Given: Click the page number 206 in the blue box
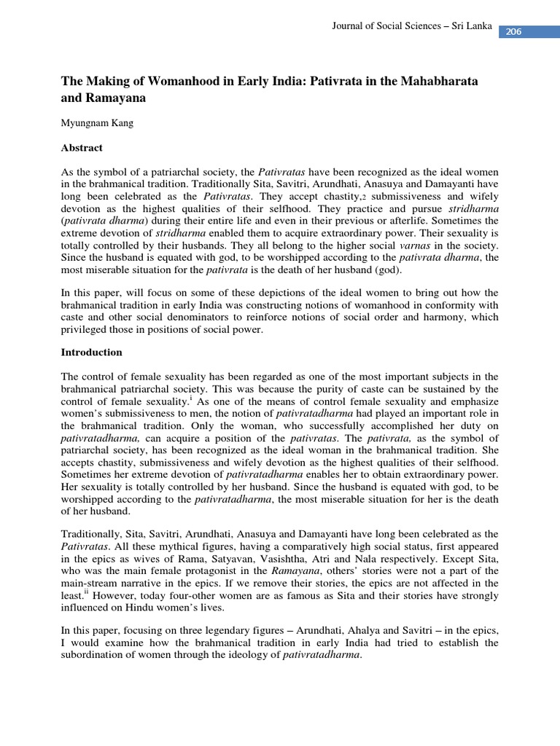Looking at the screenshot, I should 514,32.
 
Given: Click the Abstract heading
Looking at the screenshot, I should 82,148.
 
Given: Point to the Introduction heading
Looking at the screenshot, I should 92,352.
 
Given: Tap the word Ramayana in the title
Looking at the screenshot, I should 120,96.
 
